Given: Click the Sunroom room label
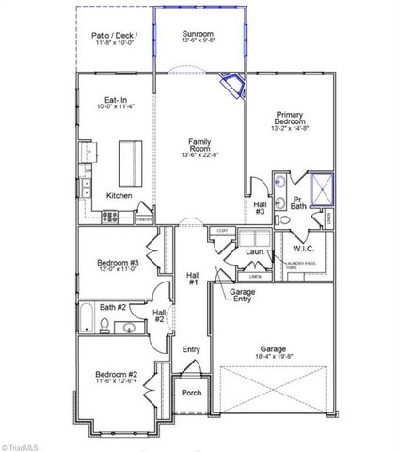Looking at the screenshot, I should click(199, 33).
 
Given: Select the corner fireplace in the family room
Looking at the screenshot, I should click(231, 87).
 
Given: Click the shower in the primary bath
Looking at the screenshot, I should click(324, 186).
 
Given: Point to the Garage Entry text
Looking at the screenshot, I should click(243, 296).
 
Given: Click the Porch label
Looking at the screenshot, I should click(191, 394).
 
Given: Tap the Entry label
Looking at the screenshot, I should click(191, 349).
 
